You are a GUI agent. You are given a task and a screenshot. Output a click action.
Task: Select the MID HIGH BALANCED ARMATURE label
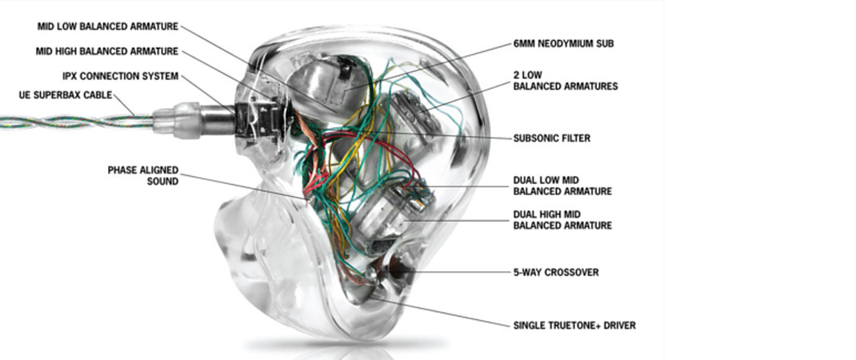click(108, 52)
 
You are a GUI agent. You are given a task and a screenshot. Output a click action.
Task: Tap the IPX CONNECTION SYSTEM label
click(120, 77)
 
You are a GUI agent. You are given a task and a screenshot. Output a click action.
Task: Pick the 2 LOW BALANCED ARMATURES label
click(565, 80)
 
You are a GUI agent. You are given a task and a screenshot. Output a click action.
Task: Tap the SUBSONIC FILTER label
click(552, 138)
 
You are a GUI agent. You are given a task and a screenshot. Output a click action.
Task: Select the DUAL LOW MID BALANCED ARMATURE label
click(562, 186)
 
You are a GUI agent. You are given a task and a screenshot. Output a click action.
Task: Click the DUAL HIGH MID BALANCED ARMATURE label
click(562, 220)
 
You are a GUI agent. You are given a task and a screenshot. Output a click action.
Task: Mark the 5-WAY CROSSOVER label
click(555, 272)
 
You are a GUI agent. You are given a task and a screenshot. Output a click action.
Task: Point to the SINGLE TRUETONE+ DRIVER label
click(574, 326)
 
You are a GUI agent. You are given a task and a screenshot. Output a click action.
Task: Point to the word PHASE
click(123, 170)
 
